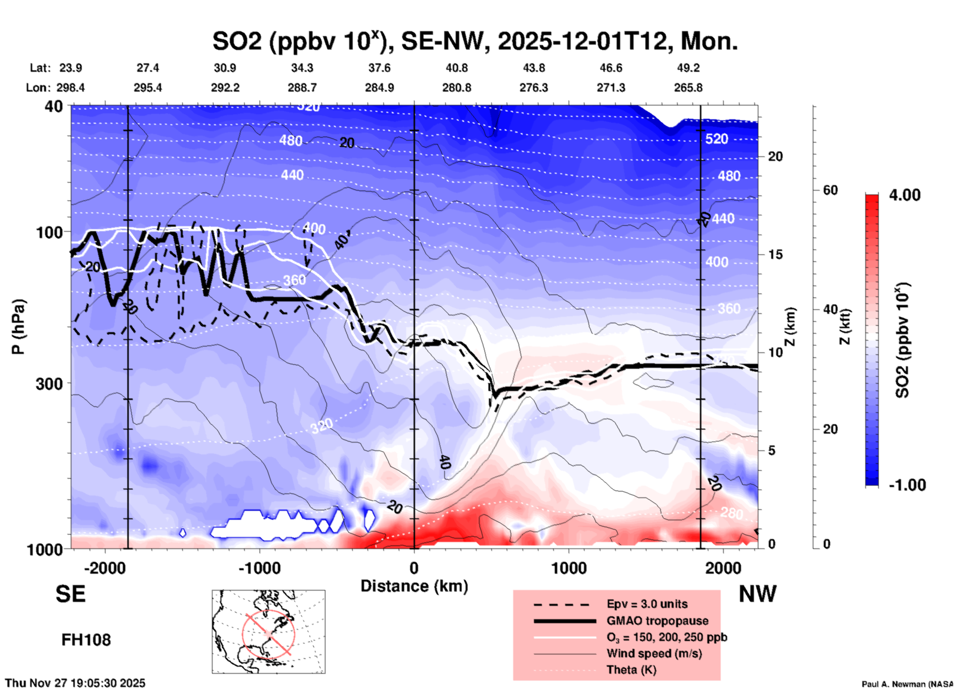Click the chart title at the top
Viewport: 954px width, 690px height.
pyautogui.click(x=475, y=41)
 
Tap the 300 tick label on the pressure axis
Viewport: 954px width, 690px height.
pyautogui.click(x=50, y=384)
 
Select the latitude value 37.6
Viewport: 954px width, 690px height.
pyautogui.click(x=379, y=68)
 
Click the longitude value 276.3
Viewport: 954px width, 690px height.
pyautogui.click(x=533, y=88)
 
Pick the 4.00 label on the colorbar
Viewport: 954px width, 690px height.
pyautogui.click(x=904, y=195)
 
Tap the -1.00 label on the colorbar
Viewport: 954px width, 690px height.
pyautogui.click(x=907, y=485)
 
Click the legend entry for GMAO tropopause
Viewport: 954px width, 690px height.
pyautogui.click(x=657, y=621)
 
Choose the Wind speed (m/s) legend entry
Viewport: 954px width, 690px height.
pyautogui.click(x=654, y=653)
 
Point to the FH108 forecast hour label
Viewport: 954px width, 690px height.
pyautogui.click(x=86, y=640)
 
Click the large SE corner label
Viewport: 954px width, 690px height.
pyautogui.click(x=70, y=594)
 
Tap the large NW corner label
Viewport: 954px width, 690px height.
pyautogui.click(x=757, y=594)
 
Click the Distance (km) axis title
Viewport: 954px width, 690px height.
pyautogui.click(x=414, y=586)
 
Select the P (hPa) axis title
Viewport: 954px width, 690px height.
pyautogui.click(x=18, y=327)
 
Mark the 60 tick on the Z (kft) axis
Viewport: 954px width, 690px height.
pyautogui.click(x=830, y=190)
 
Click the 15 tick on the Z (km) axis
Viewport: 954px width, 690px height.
pyautogui.click(x=775, y=254)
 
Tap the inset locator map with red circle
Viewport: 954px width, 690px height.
pyautogui.click(x=268, y=632)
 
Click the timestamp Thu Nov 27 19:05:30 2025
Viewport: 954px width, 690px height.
pyautogui.click(x=75, y=683)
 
